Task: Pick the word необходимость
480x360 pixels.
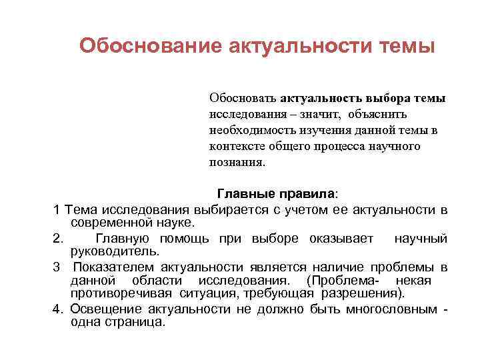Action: [247, 130]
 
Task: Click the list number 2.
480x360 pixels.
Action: [57, 239]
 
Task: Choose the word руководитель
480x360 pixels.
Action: [114, 251]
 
